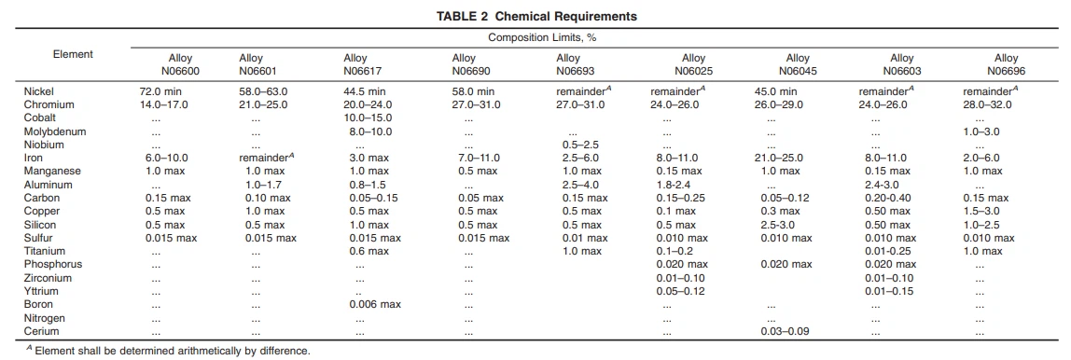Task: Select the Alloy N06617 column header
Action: pyautogui.click(x=361, y=63)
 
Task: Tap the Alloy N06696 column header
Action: pyautogui.click(x=1006, y=63)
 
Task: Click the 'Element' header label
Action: pyautogui.click(x=73, y=54)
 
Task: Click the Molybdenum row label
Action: pyautogui.click(x=55, y=132)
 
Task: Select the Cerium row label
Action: pyautogui.click(x=43, y=332)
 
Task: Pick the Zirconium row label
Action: pyautogui.click(x=48, y=278)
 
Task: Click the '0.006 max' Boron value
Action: pyautogui.click(x=375, y=305)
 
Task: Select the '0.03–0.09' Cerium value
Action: pyautogui.click(x=786, y=332)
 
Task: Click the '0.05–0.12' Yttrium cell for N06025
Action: pyautogui.click(x=681, y=291)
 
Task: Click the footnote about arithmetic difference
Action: pyautogui.click(x=159, y=352)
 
